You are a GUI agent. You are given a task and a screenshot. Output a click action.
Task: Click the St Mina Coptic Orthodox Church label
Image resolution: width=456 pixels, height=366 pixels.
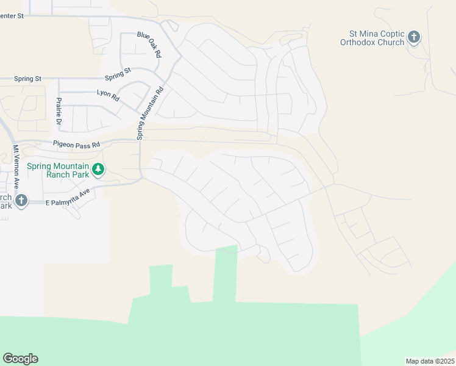coord(372,38)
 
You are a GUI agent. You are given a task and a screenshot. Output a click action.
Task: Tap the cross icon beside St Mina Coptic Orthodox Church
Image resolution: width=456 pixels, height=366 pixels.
coord(414,38)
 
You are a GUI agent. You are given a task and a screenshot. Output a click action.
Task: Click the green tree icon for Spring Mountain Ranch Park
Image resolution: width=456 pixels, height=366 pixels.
coord(98,170)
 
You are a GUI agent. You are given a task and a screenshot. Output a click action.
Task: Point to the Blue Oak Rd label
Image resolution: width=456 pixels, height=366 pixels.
coord(149,45)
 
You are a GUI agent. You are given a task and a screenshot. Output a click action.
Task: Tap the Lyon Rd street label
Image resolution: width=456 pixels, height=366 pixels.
coord(108,94)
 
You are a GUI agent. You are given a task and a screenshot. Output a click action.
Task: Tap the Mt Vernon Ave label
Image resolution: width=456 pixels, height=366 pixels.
coord(16,164)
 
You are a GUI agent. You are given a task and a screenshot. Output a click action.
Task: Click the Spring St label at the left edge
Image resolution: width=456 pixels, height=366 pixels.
coord(28,79)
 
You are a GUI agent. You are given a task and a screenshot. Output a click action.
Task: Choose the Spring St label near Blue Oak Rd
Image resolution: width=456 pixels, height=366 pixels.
coord(118,74)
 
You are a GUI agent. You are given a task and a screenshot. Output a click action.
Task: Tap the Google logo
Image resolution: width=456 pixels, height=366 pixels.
coord(20,359)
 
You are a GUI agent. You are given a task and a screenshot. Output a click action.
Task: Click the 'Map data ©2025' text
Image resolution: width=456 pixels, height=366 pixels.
coord(430,361)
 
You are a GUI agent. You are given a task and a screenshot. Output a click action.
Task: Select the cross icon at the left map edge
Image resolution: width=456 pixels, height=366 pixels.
coord(21,200)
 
